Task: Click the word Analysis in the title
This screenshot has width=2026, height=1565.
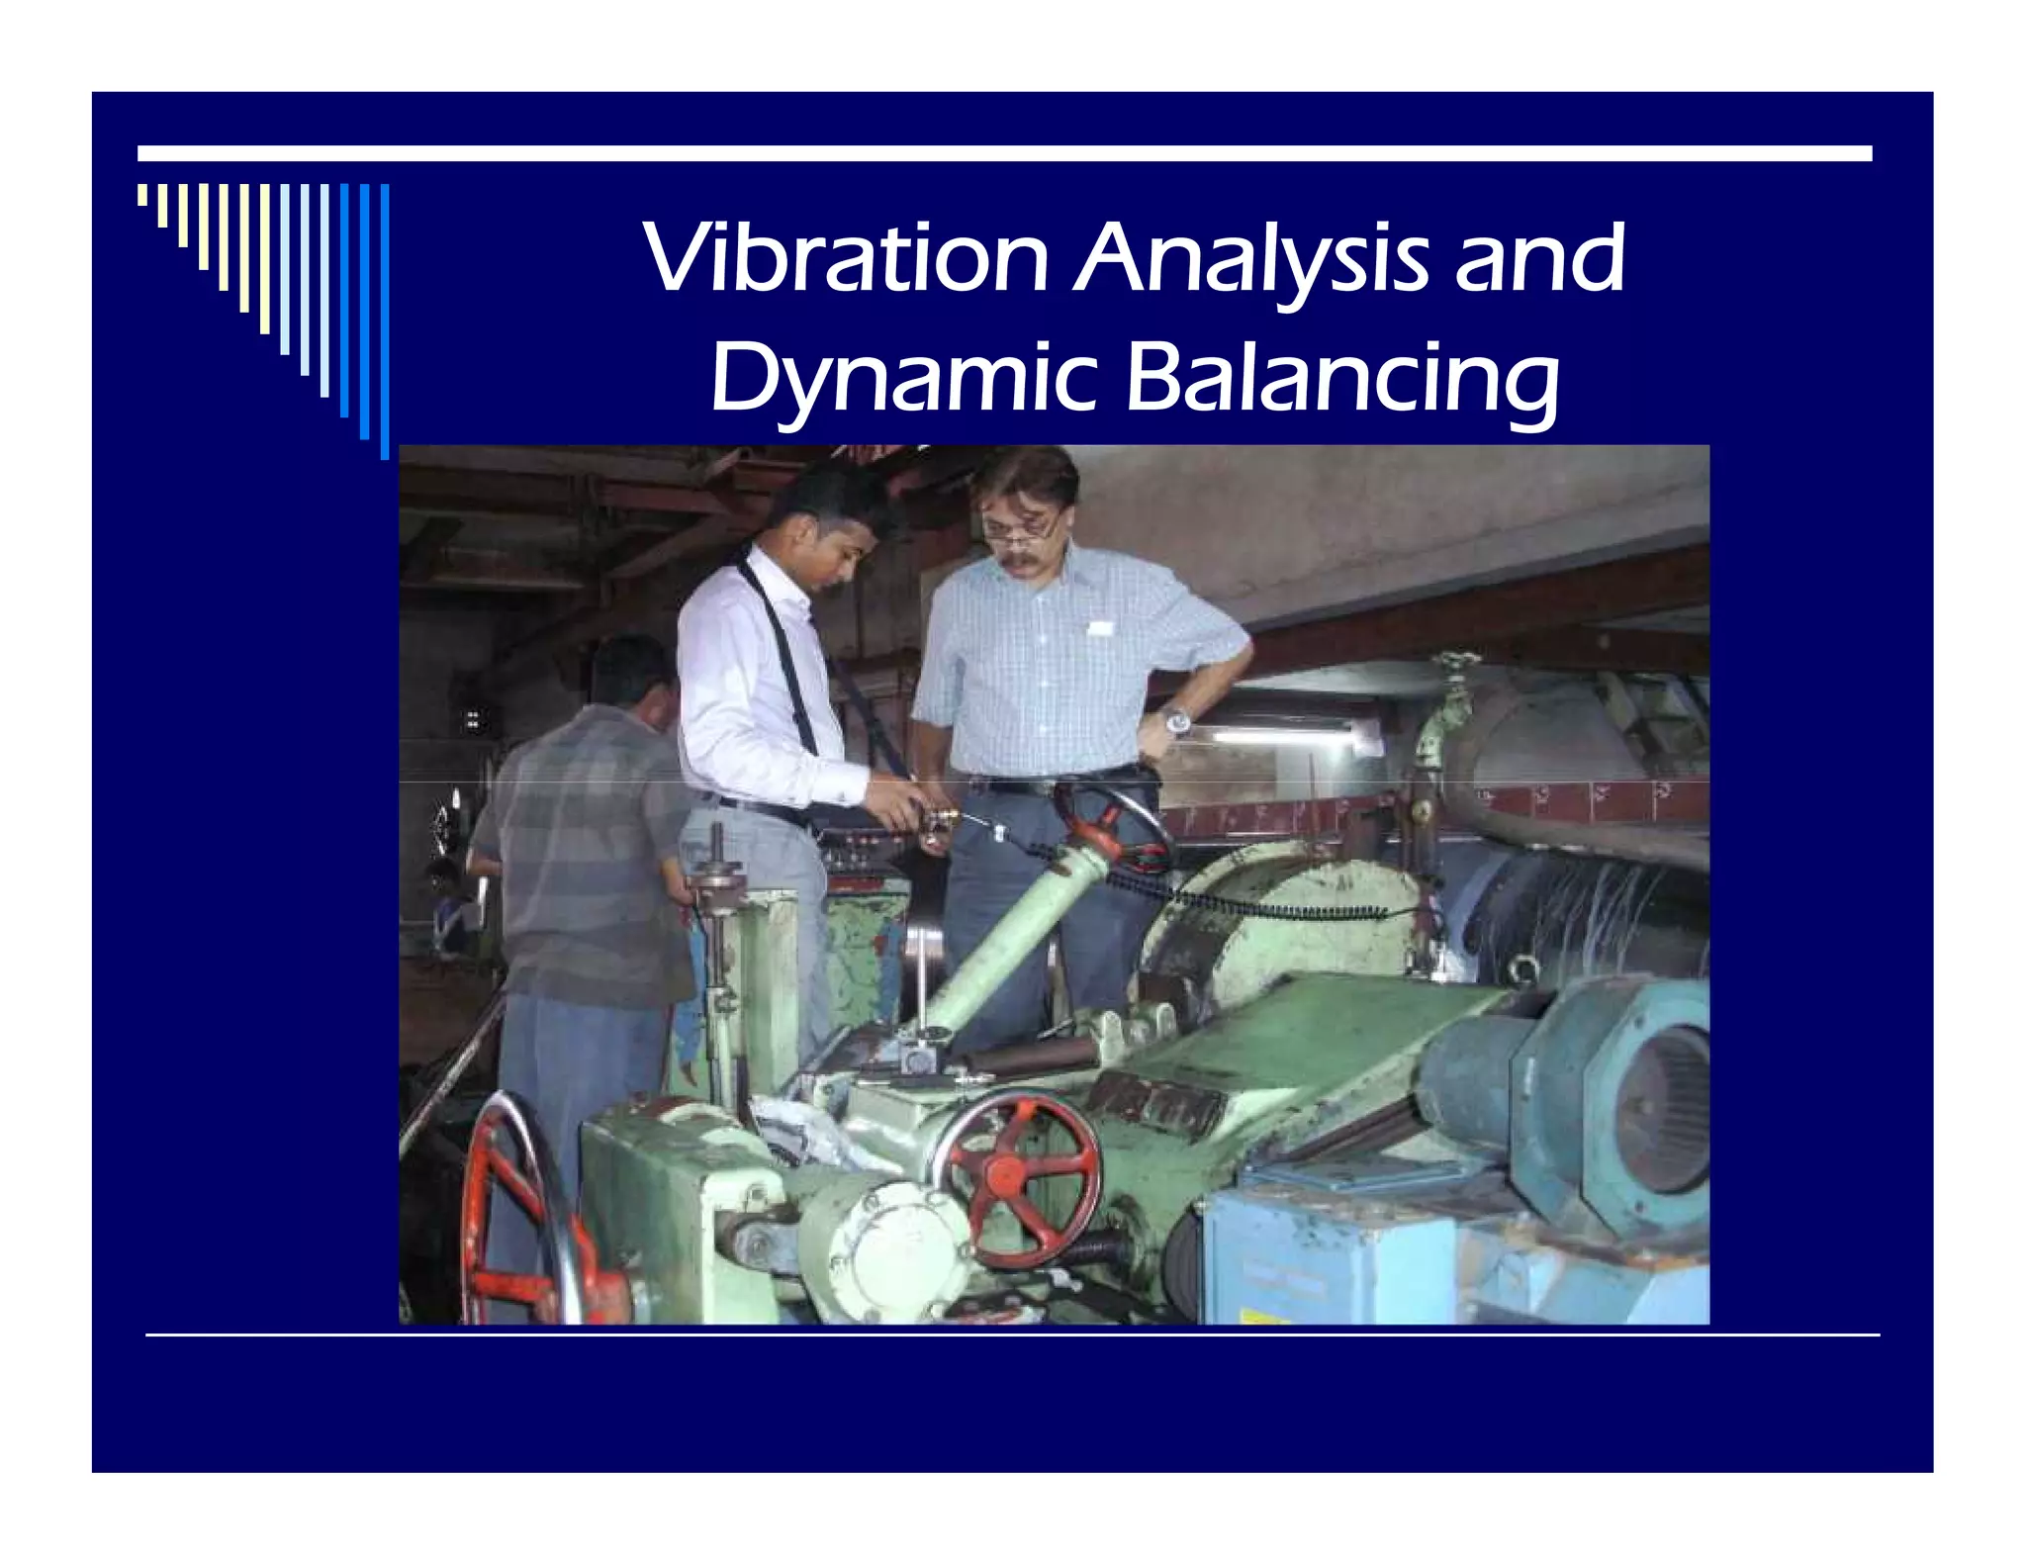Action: pyautogui.click(x=1250, y=259)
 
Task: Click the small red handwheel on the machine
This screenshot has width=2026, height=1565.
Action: pyautogui.click(x=1019, y=1177)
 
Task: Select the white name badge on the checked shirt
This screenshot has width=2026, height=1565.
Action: pyautogui.click(x=1100, y=628)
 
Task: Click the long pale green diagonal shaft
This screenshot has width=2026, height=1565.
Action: pyautogui.click(x=999, y=940)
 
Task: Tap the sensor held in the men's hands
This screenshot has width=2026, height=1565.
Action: pyautogui.click(x=940, y=821)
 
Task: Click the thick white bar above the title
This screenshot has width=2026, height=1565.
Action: pyautogui.click(x=1004, y=153)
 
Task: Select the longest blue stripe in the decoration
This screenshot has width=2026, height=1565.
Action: pyautogui.click(x=385, y=322)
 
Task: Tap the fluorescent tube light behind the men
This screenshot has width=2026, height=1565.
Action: pyautogui.click(x=1276, y=735)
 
